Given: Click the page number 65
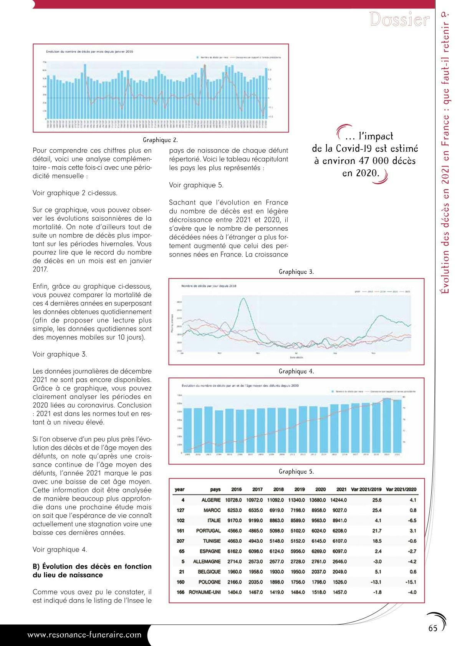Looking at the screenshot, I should [x=433, y=628].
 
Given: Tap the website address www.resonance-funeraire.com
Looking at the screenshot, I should [x=84, y=634].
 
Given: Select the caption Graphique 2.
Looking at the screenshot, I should [x=160, y=140].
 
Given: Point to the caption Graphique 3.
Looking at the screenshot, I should [x=296, y=272].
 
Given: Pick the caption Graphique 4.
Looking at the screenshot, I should [x=296, y=371].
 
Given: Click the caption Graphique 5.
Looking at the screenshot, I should [x=296, y=471].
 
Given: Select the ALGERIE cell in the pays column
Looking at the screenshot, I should [x=211, y=500].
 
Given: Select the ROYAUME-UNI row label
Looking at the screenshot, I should [x=205, y=592].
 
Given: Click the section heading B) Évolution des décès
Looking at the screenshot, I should [x=92, y=571].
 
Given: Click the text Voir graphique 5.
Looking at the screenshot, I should [x=196, y=185].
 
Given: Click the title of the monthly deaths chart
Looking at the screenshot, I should [x=89, y=51].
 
